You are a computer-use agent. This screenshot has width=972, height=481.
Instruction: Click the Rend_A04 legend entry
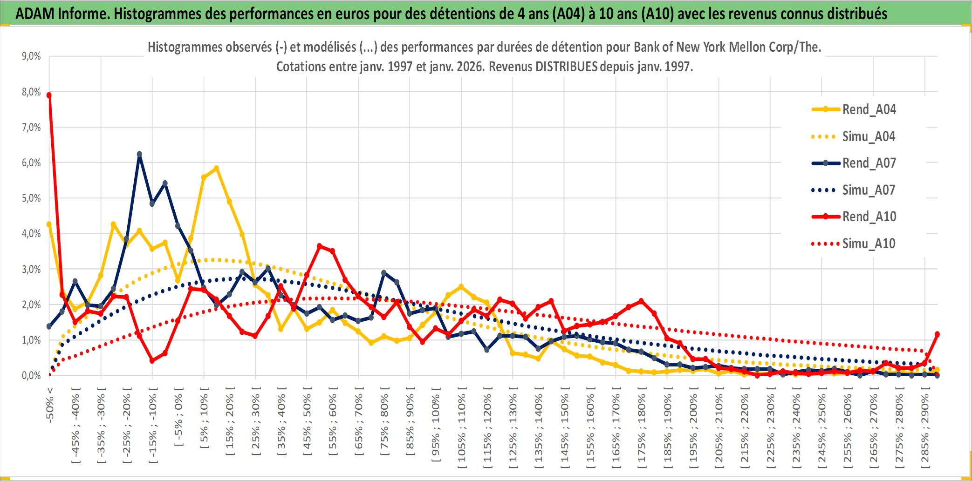869,109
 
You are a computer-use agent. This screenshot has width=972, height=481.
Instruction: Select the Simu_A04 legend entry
869,136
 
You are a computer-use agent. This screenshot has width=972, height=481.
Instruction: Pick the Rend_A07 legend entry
869,163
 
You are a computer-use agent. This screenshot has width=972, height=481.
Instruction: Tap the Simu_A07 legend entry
869,190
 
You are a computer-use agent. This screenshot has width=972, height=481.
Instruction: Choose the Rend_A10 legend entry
869,217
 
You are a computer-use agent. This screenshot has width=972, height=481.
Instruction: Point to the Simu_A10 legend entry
869,244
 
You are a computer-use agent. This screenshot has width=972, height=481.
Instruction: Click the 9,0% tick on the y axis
31,56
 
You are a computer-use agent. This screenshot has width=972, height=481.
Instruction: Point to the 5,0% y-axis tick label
31,198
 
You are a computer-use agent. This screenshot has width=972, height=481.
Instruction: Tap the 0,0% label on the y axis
31,375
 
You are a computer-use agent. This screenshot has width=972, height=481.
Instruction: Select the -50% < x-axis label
50,405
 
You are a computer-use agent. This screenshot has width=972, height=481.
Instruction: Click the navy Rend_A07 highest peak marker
139,154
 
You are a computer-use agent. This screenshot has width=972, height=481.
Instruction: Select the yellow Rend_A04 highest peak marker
216,169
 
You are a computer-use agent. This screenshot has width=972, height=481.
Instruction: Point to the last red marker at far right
937,334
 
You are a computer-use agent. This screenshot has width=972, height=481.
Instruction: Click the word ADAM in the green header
35,14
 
